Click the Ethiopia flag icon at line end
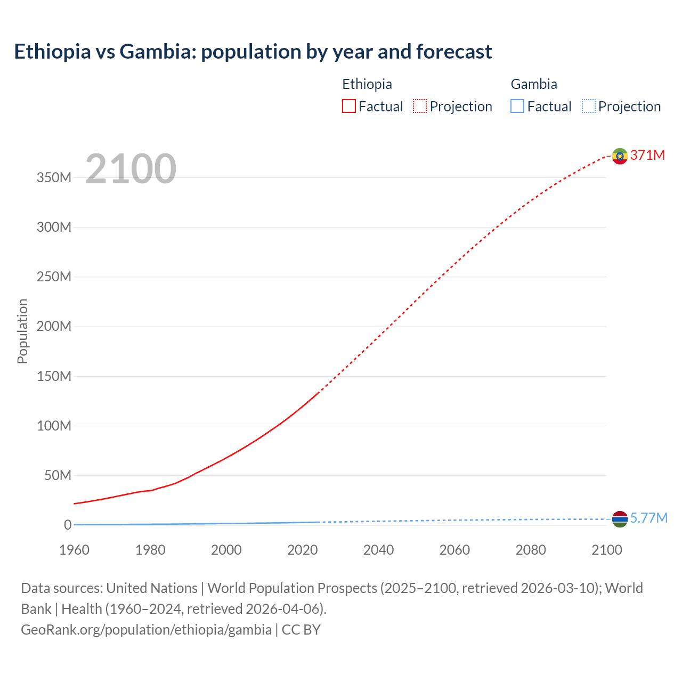pos(620,156)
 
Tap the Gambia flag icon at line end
pos(620,518)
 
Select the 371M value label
pos(647,155)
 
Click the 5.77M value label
pos(648,518)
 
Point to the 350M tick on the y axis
pos(54,177)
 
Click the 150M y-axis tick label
pos(54,376)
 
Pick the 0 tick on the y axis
pos(67,525)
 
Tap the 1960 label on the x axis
pos(74,550)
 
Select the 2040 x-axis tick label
pos(378,550)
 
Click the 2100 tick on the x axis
pos(606,550)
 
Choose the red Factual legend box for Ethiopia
pos(349,106)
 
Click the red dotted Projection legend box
pos(420,106)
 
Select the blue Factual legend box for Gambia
pos(517,106)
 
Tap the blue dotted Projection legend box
pos(589,106)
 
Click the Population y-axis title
pos(22,331)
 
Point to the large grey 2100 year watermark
pos(131,169)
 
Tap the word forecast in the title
pos(454,52)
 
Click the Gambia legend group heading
pos(534,84)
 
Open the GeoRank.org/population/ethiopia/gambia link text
pos(146,629)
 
